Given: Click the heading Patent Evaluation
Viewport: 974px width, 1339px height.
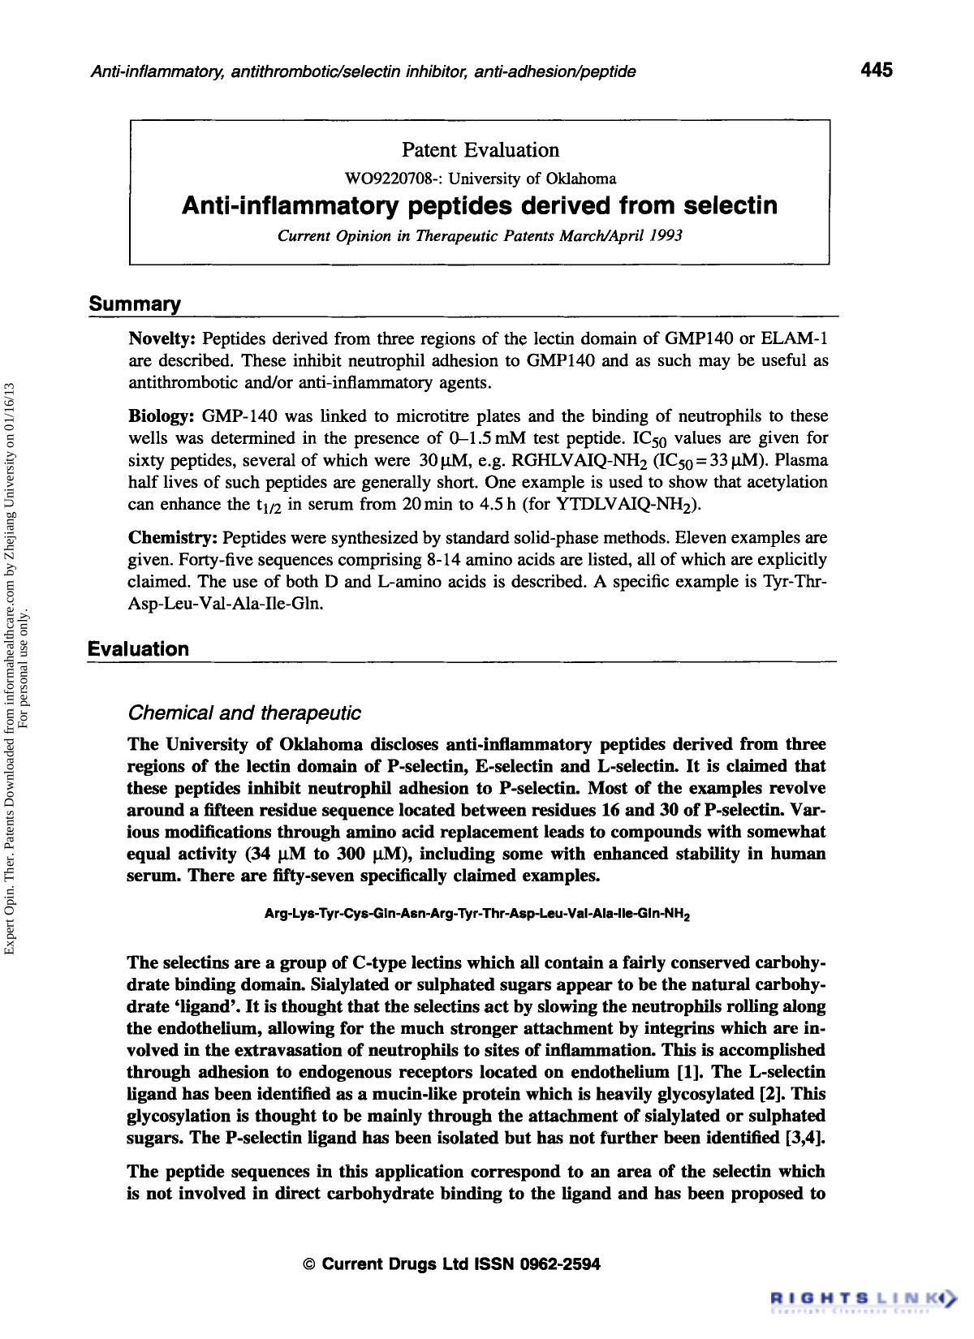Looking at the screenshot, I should pyautogui.click(x=481, y=150).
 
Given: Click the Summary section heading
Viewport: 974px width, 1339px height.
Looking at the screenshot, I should pyautogui.click(x=135, y=304).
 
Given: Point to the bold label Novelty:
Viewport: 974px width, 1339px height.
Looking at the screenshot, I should pyautogui.click(x=163, y=338).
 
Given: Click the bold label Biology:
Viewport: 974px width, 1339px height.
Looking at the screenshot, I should pyautogui.click(x=162, y=416).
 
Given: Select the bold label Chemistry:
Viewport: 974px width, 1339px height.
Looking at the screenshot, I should pyautogui.click(x=173, y=538).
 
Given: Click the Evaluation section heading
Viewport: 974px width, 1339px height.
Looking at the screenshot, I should pyautogui.click(x=139, y=649).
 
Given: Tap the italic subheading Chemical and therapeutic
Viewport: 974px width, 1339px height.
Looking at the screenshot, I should pyautogui.click(x=244, y=713).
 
